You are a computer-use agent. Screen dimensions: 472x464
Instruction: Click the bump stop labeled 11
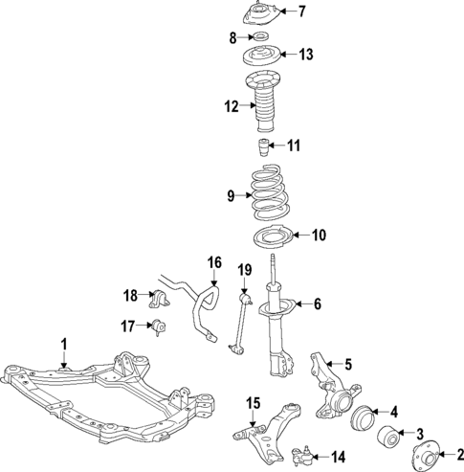[265, 146]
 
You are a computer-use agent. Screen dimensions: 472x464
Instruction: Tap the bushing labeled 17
[159, 327]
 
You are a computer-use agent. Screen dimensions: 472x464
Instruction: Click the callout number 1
[64, 342]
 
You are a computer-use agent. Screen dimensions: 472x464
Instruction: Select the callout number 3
[417, 433]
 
